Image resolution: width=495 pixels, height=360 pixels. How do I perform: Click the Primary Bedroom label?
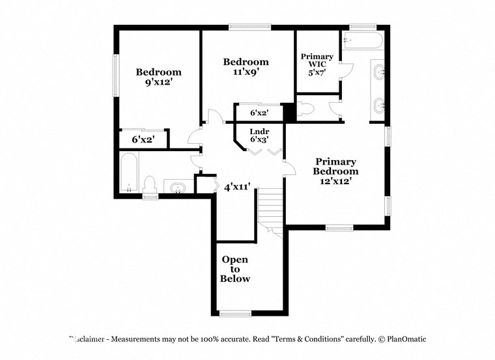point(335,166)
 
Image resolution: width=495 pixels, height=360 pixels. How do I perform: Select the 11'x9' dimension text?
point(246,72)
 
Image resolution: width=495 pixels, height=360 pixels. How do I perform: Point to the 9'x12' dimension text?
point(158,82)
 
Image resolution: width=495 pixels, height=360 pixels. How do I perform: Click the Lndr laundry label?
point(259,131)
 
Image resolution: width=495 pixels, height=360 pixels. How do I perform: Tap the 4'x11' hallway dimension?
point(237,187)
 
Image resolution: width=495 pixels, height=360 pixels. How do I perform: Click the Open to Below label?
point(235,269)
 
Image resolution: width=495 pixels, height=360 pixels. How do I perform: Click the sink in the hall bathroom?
point(177,188)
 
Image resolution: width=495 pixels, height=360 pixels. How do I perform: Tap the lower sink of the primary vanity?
point(378,105)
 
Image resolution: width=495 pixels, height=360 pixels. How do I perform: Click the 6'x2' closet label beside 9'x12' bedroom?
point(143,139)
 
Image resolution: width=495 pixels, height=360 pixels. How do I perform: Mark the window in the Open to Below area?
point(236,313)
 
